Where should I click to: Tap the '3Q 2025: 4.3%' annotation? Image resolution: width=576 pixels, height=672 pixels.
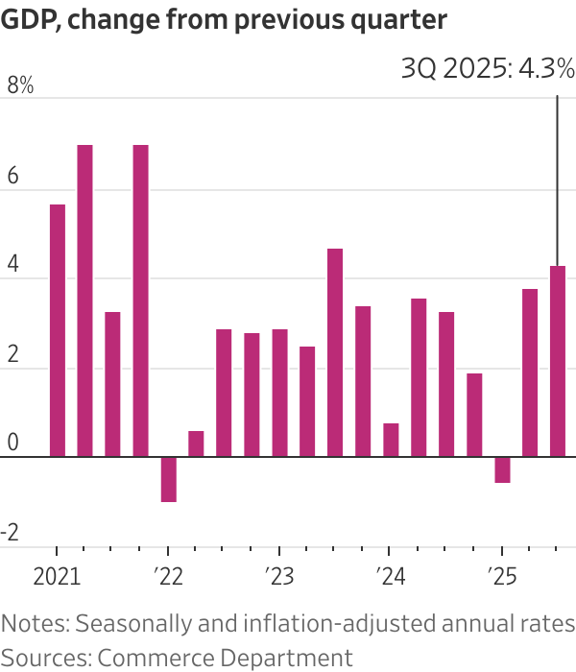click(x=487, y=69)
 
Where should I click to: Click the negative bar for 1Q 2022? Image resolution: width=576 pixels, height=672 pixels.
click(x=169, y=479)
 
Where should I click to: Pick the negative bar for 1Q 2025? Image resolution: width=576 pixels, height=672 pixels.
click(x=502, y=469)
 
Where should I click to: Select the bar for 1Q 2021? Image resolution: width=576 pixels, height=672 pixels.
click(x=58, y=330)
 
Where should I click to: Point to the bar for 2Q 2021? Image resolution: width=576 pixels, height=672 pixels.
click(x=85, y=300)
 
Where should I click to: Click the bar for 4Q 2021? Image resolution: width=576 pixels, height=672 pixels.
click(x=141, y=300)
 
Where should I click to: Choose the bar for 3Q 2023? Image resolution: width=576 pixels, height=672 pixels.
click(x=335, y=352)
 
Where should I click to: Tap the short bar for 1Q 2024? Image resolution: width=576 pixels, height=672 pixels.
click(x=391, y=440)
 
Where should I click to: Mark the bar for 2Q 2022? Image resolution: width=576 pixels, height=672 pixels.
click(x=196, y=444)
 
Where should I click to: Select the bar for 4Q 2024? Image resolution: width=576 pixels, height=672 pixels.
click(x=474, y=415)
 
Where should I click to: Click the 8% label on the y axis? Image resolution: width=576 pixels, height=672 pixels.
click(x=20, y=86)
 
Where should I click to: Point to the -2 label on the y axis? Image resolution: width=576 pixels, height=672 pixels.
click(x=12, y=536)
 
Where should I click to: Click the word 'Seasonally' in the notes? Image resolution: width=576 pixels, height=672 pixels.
click(x=122, y=624)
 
